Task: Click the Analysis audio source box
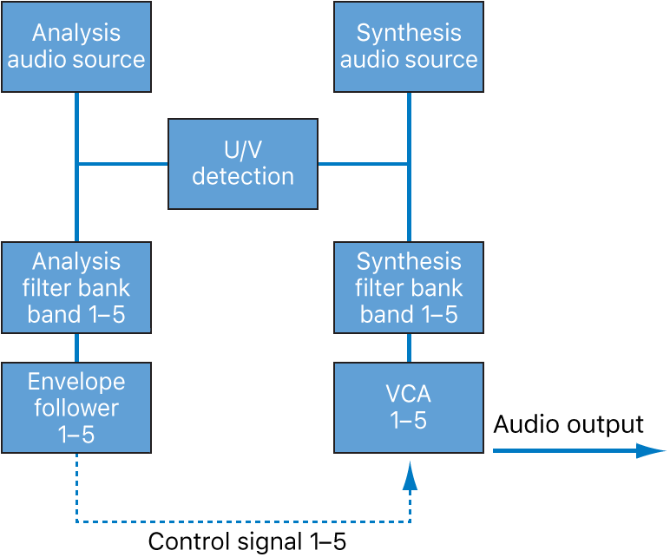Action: pyautogui.click(x=76, y=47)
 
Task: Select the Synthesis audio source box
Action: pyautogui.click(x=408, y=47)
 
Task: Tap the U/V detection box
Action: pyautogui.click(x=243, y=164)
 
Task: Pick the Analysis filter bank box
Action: pyautogui.click(x=76, y=287)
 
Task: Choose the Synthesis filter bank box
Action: pyautogui.click(x=408, y=287)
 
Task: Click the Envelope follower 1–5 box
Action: pyautogui.click(x=76, y=408)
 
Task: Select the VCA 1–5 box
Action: pyautogui.click(x=408, y=408)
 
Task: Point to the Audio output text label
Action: pyautogui.click(x=568, y=424)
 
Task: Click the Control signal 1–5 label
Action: pyautogui.click(x=246, y=542)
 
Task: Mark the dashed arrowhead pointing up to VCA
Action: pyautogui.click(x=410, y=475)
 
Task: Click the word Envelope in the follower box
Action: pyautogui.click(x=76, y=382)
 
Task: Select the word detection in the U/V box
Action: pyautogui.click(x=243, y=177)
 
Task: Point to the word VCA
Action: pyautogui.click(x=408, y=395)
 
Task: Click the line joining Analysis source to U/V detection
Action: pyautogui.click(x=122, y=163)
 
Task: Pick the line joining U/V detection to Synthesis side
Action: pyautogui.click(x=363, y=163)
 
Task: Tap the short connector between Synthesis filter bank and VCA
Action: pyautogui.click(x=409, y=348)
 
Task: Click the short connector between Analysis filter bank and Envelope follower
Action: pyautogui.click(x=76, y=348)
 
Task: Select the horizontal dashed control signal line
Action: pyautogui.click(x=243, y=522)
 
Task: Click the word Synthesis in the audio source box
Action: pyautogui.click(x=408, y=33)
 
